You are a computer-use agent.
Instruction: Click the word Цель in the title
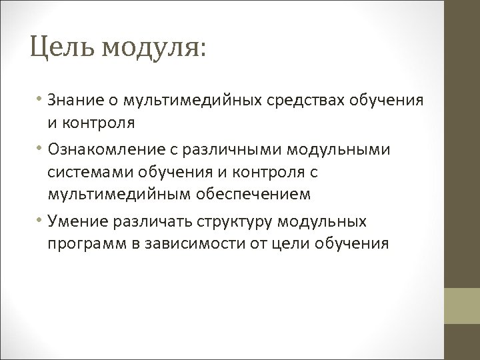[58, 47]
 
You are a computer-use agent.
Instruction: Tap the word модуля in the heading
[150, 47]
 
